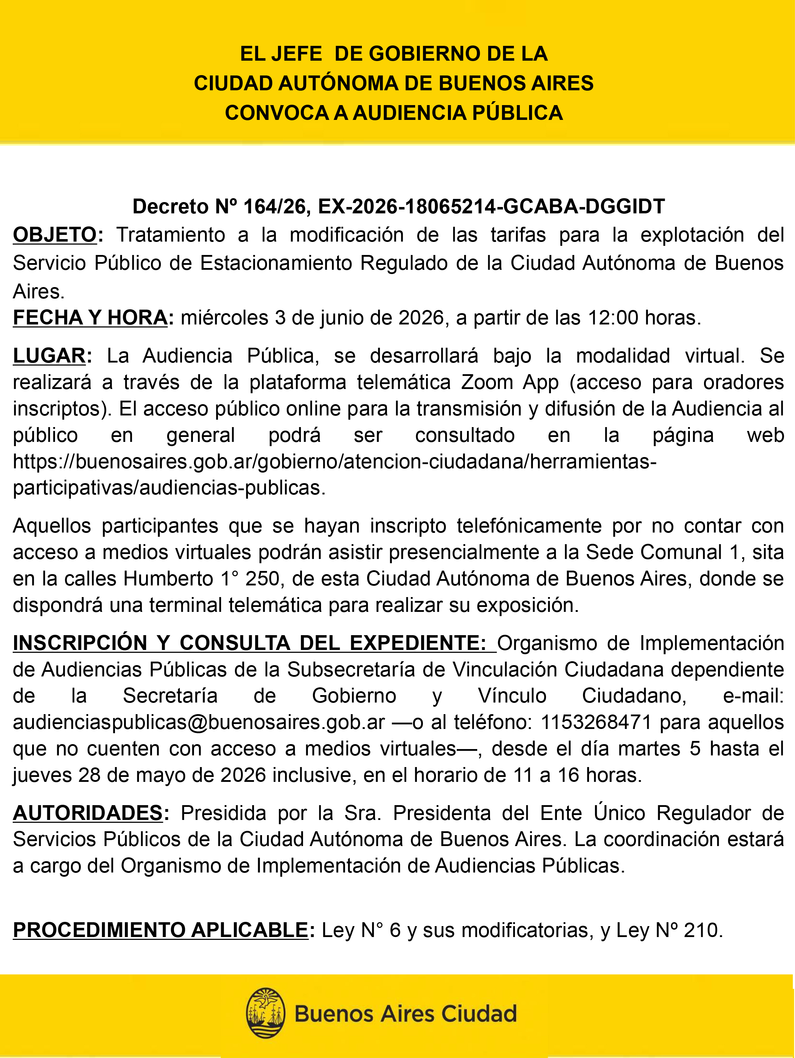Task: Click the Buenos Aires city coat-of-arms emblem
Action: [266, 1013]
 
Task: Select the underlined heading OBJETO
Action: [55, 235]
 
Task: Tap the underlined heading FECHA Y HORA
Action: [90, 318]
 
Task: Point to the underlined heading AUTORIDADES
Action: [88, 813]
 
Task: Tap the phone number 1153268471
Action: [596, 722]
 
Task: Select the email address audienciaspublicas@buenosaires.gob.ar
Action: [199, 722]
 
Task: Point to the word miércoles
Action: [224, 318]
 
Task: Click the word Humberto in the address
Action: [168, 579]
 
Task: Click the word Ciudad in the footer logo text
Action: [479, 1014]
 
